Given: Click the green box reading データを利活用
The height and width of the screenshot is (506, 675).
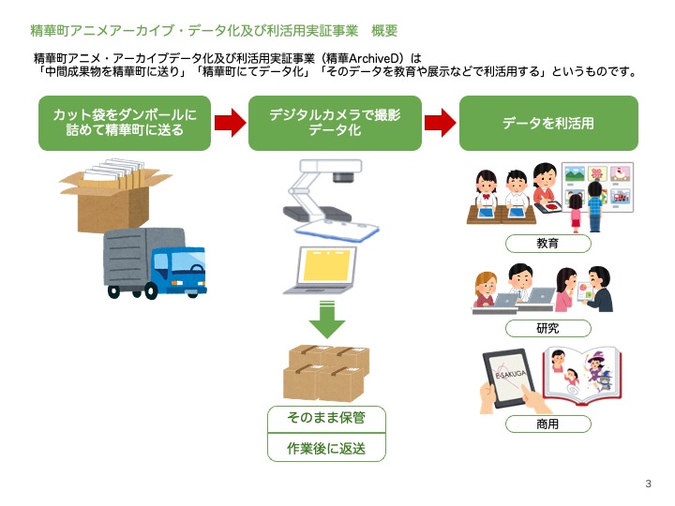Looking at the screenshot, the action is (x=548, y=123).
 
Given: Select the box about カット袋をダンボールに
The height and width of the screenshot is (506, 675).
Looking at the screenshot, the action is (x=125, y=123).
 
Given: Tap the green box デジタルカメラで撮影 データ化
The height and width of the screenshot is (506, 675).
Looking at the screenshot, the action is (x=335, y=123).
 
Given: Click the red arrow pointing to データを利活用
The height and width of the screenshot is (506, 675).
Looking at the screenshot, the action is (x=441, y=123).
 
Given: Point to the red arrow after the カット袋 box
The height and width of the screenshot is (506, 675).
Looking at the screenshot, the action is (x=231, y=123).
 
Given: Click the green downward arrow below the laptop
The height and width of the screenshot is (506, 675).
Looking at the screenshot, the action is (x=327, y=320).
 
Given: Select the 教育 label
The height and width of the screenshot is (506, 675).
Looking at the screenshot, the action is (x=548, y=244).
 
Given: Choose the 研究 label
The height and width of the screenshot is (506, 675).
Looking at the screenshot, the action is (x=548, y=329).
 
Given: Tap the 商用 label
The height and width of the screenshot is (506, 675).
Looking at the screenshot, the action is (x=548, y=424).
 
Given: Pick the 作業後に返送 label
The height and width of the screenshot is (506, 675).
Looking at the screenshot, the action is (x=326, y=448).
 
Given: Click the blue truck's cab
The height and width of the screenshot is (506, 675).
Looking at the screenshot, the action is (x=179, y=269).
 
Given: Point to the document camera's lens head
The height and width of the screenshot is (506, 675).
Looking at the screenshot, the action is (x=343, y=176).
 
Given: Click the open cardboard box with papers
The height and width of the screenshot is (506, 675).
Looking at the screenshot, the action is (x=114, y=196).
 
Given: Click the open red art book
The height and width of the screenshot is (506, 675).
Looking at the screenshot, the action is (x=582, y=377).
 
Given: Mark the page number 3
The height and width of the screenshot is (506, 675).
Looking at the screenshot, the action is (x=649, y=484).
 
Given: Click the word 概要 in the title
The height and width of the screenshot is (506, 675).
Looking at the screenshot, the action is (x=384, y=31).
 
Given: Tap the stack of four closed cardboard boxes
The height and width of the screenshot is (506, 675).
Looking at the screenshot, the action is (x=326, y=373).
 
